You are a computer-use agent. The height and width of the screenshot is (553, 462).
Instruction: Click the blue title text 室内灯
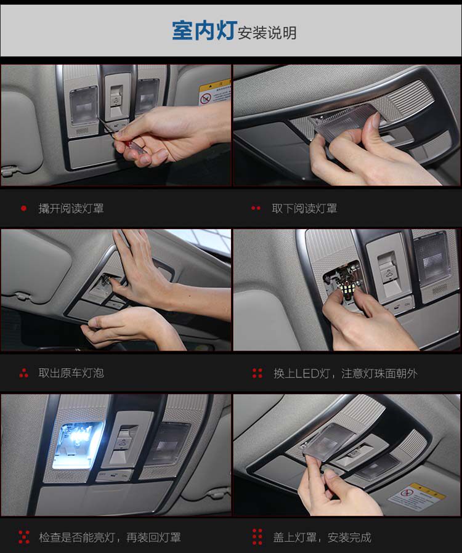[x=204, y=30]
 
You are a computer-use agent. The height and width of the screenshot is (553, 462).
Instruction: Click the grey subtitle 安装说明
[x=267, y=33]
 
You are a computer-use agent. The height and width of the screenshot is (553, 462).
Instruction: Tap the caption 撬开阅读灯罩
[x=71, y=208]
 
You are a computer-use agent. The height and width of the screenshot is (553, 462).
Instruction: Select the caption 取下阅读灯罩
[x=304, y=208]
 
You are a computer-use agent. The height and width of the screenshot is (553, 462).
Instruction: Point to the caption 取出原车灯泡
[x=71, y=373]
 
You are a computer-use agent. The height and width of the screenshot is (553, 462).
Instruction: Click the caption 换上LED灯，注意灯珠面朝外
[x=345, y=373]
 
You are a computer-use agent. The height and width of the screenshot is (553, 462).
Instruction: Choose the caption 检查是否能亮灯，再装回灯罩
[x=110, y=537]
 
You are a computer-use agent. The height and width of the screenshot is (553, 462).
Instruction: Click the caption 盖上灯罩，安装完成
[x=322, y=537]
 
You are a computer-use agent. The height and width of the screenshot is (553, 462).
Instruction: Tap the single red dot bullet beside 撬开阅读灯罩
[x=23, y=208]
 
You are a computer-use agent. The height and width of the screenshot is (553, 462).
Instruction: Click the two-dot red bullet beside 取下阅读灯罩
[x=256, y=208]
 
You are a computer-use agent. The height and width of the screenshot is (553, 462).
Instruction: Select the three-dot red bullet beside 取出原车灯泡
[x=23, y=373]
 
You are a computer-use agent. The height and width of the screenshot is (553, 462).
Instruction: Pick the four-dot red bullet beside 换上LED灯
[x=257, y=373]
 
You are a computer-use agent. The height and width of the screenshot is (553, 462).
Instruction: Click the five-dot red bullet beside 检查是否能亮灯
[x=24, y=537]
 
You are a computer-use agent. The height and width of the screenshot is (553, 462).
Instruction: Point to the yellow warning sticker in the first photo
[x=214, y=93]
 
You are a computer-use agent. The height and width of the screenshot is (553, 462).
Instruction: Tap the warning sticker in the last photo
[x=417, y=497]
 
